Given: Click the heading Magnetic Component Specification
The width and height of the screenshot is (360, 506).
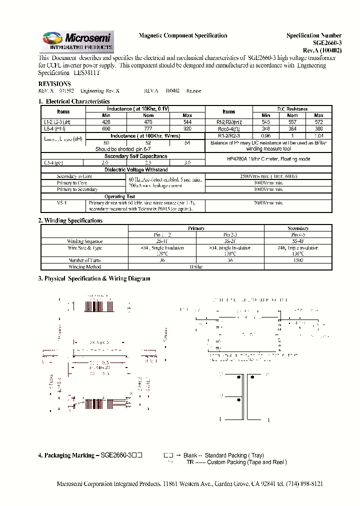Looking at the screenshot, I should click(182, 35).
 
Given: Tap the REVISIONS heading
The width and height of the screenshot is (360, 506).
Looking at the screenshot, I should click(54, 83).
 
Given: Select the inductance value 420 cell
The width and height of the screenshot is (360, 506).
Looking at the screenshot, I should click(106, 122).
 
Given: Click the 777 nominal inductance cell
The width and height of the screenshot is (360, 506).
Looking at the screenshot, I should click(148, 128).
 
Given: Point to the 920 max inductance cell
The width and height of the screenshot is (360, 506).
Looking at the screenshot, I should click(187, 128).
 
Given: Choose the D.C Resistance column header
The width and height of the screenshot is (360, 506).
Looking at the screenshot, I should click(292, 108).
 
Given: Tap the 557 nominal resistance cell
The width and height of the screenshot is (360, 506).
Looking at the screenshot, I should click(292, 122).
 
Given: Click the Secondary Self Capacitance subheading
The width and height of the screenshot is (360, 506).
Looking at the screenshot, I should click(135, 156).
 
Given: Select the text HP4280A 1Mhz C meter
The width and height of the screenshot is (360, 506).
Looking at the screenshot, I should click(268, 159).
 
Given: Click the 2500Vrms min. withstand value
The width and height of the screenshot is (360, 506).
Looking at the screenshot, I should click(268, 176).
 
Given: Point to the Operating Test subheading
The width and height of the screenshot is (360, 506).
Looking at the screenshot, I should click(119, 196).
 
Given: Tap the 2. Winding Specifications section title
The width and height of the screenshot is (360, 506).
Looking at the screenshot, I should click(70, 220).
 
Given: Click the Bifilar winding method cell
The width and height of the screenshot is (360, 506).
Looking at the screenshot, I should click(196, 267).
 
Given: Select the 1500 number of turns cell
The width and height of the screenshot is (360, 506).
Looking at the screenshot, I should click(298, 260).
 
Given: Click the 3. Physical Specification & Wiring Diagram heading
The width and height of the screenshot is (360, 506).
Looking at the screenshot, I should click(94, 278).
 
